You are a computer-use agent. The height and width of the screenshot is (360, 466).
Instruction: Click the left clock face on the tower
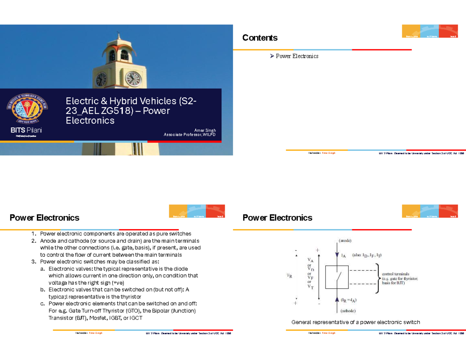point(101,80)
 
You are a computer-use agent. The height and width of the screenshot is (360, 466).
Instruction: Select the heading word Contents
point(260,38)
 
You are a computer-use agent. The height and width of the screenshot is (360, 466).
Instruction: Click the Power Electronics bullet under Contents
point(297,56)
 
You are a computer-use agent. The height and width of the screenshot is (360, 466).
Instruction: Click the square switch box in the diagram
point(336,277)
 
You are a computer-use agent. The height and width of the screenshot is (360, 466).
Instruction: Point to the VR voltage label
point(290,276)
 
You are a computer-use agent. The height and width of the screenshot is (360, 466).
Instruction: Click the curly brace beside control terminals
point(377,278)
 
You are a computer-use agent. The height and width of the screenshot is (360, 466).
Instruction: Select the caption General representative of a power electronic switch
point(356,322)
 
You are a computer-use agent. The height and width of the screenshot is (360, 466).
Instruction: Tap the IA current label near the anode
point(344,256)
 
